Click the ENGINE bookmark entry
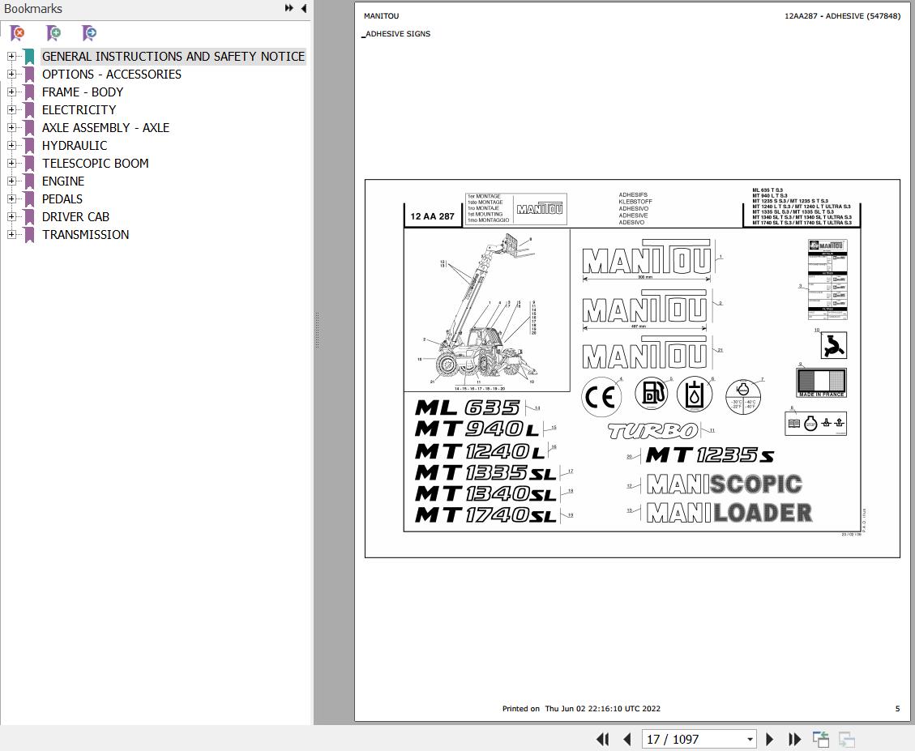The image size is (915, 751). point(63,181)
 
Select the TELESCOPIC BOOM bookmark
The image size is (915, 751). point(95,163)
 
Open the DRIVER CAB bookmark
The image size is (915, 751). point(75,216)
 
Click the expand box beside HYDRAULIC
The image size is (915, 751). point(11,145)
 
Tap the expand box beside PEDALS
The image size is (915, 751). point(11,198)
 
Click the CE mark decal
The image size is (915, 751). point(601,396)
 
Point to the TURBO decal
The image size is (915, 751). point(652,431)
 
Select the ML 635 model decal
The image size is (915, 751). point(468,408)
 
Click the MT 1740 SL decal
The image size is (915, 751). point(485,514)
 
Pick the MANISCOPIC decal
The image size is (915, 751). point(724,484)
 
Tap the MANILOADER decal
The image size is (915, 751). point(729,512)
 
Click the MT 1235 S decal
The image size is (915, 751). point(709,456)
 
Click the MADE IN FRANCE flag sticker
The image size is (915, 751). point(821,382)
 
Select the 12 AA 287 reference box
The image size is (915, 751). point(432,216)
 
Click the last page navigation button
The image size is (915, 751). point(795,739)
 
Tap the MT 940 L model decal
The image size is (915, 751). point(476,429)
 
